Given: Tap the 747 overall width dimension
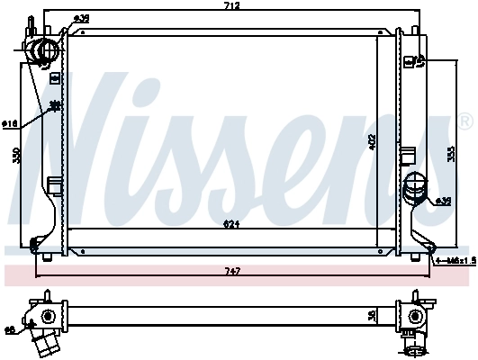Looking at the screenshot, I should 232,271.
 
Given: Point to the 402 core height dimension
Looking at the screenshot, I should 372,140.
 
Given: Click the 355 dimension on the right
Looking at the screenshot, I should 450,153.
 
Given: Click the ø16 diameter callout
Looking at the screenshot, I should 10,123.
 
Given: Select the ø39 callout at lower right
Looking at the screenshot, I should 444,201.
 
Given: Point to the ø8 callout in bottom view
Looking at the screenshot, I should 10,330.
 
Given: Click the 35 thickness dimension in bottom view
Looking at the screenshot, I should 372,316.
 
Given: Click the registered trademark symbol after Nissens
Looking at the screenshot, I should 464,121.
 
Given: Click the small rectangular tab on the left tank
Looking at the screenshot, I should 53,186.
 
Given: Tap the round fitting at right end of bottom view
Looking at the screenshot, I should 415,316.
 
